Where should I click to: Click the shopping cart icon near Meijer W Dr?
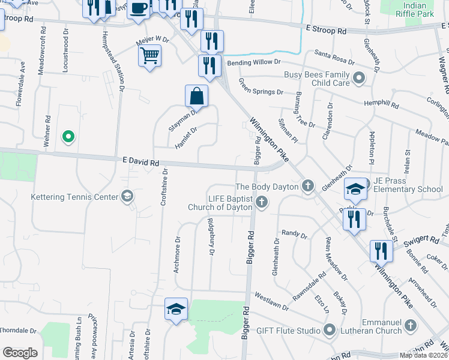click(149, 56)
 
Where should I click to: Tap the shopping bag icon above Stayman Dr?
click(196, 95)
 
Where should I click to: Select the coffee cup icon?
click(139, 8)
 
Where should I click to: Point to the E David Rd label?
click(140, 161)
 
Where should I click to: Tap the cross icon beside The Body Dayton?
click(308, 186)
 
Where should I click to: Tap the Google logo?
click(20, 353)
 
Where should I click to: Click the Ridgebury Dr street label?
click(211, 236)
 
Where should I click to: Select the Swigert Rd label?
click(421, 241)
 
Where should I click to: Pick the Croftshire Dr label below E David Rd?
click(163, 187)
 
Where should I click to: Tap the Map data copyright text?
click(424, 355)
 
